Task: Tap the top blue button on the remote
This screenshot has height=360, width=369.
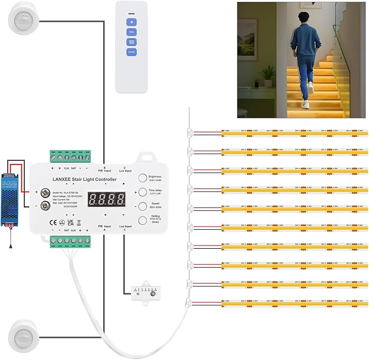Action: tap(131, 22)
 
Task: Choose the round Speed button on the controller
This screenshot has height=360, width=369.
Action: tap(142, 206)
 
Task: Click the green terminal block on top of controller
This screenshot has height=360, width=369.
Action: tap(71, 156)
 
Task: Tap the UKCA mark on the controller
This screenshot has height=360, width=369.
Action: tap(70, 222)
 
